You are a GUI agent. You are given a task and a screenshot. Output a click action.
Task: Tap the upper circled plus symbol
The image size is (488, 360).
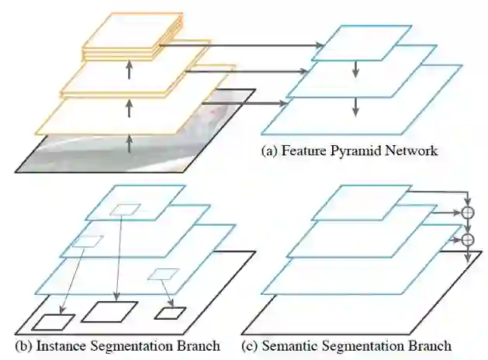pos(468,211)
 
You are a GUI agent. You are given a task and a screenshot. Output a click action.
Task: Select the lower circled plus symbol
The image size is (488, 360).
pos(468,240)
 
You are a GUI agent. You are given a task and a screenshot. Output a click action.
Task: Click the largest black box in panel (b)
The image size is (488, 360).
pos(109,311)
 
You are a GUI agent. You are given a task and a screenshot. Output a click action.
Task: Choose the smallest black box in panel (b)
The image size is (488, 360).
pos(171,313)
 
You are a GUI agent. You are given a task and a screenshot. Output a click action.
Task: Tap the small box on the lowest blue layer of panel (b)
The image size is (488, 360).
pos(163,273)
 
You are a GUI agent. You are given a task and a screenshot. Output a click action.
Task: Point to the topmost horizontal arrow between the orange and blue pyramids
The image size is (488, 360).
pos(241,47)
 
